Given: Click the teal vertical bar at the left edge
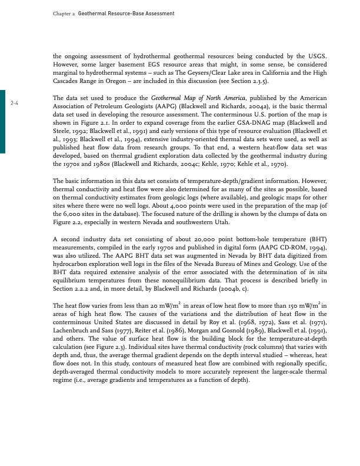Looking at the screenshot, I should pyautogui.click(x=2, y=121).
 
